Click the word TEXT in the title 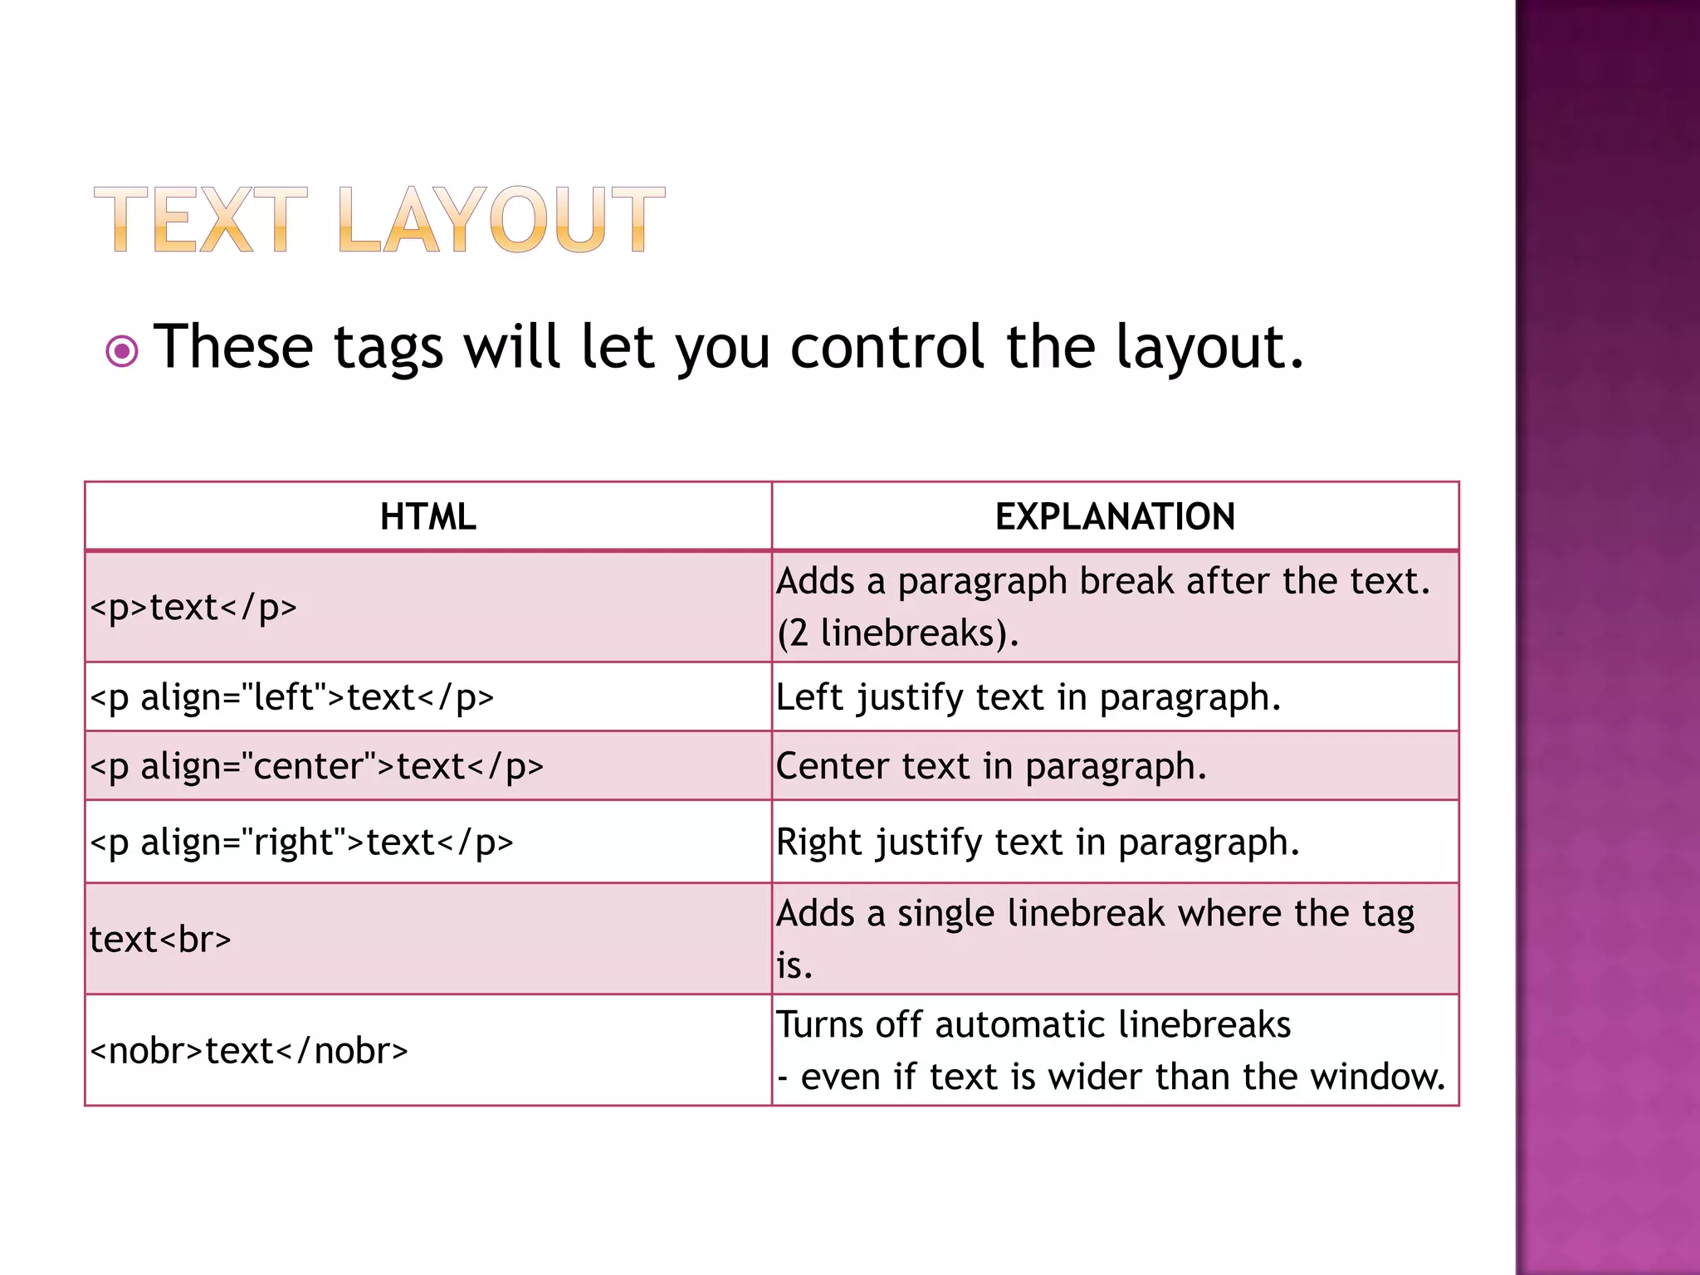[200, 220]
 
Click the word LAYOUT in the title [501, 220]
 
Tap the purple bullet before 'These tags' [122, 351]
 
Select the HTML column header [427, 516]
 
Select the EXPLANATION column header [1115, 516]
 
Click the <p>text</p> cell [193, 608]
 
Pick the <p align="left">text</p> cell [291, 697]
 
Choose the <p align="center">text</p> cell [316, 766]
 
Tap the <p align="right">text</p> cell [301, 843]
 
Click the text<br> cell [160, 940]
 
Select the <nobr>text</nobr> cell [249, 1051]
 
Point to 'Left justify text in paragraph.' [1028, 697]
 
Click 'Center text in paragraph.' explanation [991, 766]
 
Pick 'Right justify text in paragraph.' [1038, 843]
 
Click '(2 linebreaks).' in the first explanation [897, 633]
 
